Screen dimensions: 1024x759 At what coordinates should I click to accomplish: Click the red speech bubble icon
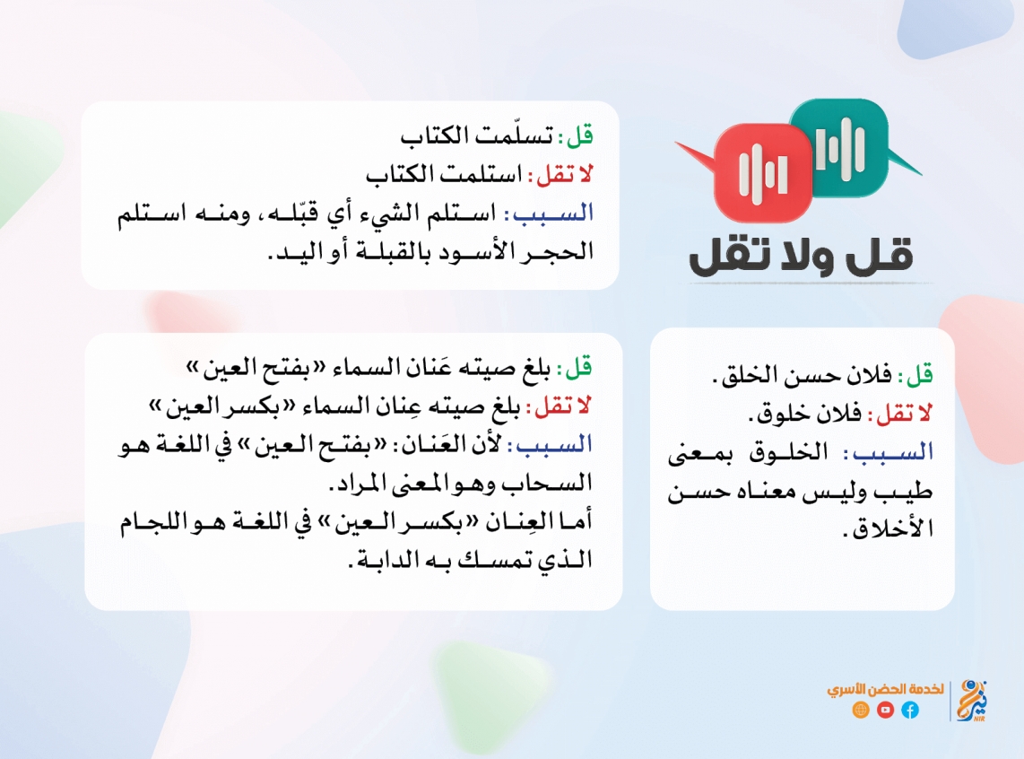point(758,171)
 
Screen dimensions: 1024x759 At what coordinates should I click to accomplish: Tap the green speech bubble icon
point(849,148)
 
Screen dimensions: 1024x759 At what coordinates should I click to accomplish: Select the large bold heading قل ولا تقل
point(802,256)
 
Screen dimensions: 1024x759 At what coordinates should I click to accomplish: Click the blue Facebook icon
point(910,710)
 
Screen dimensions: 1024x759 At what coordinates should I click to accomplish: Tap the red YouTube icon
point(886,710)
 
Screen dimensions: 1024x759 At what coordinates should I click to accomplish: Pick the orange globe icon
point(861,710)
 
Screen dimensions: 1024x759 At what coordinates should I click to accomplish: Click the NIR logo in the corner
point(972,701)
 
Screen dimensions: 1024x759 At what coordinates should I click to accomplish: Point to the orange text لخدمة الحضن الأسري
point(886,689)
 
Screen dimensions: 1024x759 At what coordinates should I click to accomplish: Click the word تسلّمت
point(515,135)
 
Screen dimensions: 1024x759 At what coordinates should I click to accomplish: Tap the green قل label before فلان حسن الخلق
point(920,375)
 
